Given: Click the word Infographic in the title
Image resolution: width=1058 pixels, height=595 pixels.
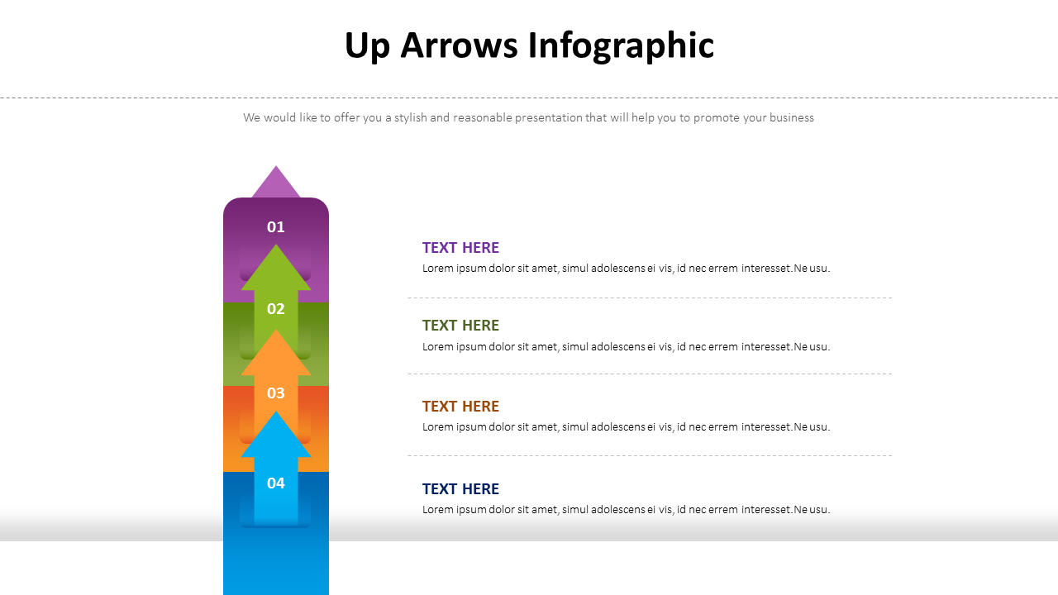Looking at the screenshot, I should point(621,45).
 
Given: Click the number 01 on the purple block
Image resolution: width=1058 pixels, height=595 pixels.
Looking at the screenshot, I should point(276,226).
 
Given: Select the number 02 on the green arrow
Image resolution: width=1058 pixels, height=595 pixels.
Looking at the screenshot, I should point(276,309).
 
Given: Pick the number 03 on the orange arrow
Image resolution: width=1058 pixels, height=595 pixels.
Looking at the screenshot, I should point(276,393).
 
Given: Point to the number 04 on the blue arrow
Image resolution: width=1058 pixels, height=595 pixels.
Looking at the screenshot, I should point(276,483).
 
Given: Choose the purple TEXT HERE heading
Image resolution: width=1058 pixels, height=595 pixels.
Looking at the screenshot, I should point(460,248).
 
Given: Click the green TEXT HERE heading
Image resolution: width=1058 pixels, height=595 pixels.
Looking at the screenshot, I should point(460,326).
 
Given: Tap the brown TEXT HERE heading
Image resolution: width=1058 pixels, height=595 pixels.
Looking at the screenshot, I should point(460,407).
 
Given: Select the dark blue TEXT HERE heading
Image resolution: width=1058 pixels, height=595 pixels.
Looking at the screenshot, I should point(460,489).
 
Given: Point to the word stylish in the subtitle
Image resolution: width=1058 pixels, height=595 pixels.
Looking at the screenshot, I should point(410,117).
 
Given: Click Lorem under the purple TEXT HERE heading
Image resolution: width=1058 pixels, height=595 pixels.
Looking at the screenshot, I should point(438,269).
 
